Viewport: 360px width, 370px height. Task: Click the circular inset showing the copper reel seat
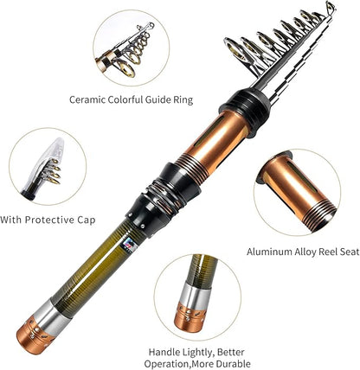pos(299,193)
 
